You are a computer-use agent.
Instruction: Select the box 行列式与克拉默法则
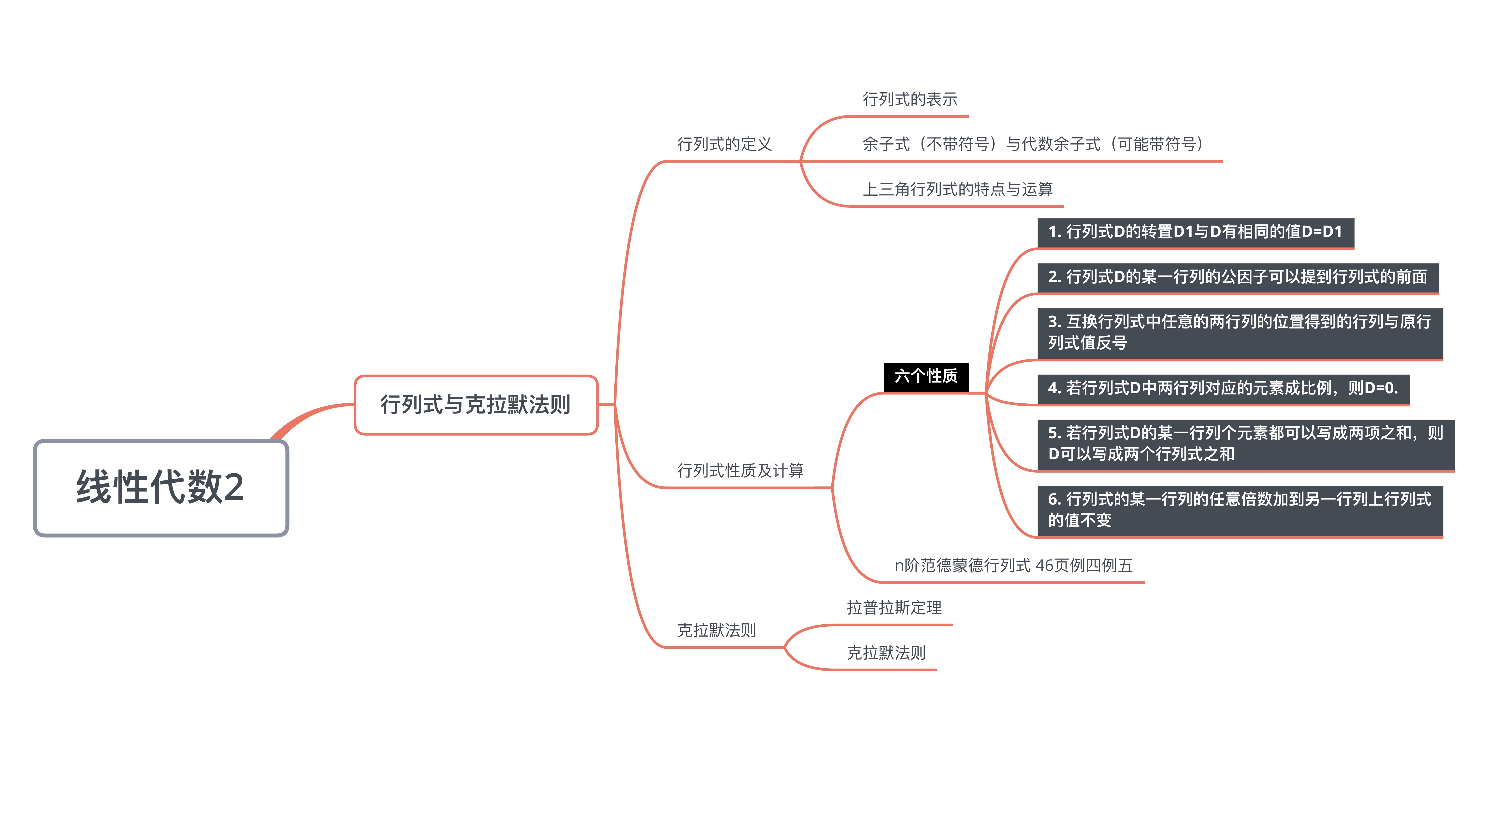tap(476, 404)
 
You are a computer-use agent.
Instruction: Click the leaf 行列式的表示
tap(910, 99)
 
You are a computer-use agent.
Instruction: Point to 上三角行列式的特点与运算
tap(957, 189)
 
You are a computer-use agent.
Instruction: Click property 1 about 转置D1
tap(1195, 232)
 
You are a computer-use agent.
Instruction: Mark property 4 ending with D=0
tap(1223, 388)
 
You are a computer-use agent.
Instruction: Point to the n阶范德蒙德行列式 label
tap(1013, 565)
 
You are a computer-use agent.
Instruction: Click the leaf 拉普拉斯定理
tap(894, 607)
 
